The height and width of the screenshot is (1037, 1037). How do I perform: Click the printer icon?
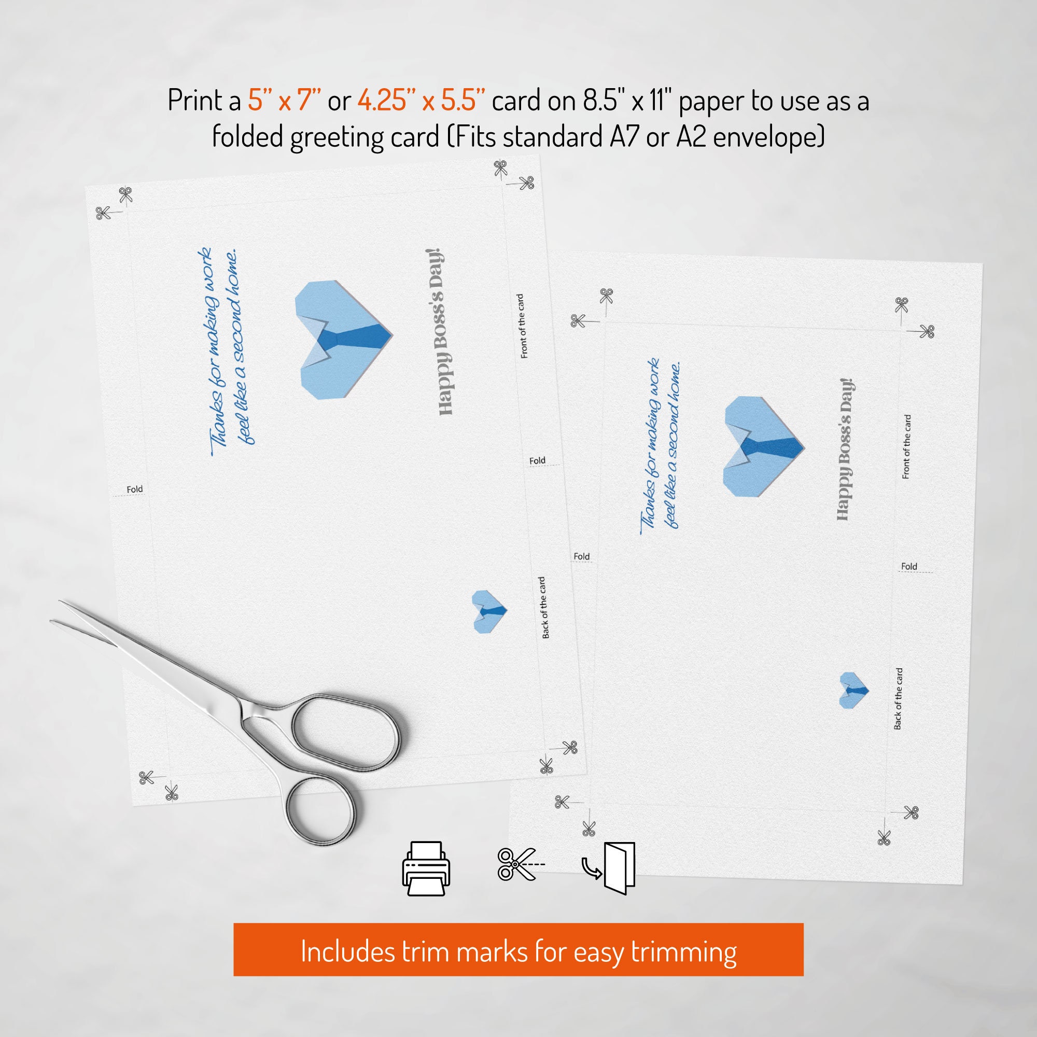[x=426, y=868]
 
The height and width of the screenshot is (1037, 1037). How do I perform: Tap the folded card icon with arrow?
[x=609, y=868]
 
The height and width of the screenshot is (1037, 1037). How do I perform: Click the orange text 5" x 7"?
[x=285, y=101]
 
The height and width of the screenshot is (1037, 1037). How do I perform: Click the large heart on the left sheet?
[x=344, y=339]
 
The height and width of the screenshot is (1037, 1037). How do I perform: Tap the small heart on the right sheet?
[x=853, y=690]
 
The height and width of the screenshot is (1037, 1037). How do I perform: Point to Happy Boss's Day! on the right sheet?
[x=845, y=449]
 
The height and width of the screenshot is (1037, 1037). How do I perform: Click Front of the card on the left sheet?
[x=521, y=326]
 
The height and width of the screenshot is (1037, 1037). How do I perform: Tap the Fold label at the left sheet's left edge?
[x=135, y=489]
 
